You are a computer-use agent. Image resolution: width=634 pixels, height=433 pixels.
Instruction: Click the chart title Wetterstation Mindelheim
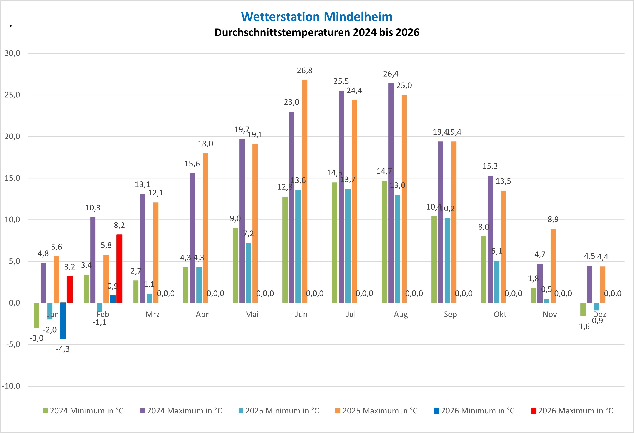pyautogui.click(x=317, y=17)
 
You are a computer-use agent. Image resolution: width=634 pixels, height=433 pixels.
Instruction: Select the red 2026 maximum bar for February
pyautogui.click(x=119, y=268)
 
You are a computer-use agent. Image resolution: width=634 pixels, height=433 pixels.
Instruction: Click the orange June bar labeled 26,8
pyautogui.click(x=305, y=191)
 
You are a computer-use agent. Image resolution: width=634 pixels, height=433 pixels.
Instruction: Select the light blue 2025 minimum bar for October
pyautogui.click(x=497, y=281)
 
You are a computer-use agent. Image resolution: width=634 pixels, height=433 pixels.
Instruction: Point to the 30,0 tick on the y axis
pyautogui.click(x=12, y=53)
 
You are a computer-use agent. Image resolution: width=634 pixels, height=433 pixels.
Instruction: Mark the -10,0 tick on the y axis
pyautogui.click(x=11, y=386)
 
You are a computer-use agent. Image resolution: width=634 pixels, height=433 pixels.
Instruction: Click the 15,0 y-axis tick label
pyautogui.click(x=12, y=178)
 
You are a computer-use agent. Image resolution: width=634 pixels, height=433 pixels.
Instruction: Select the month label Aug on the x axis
pyautogui.click(x=400, y=314)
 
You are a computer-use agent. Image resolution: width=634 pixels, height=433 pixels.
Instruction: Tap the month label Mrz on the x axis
pyautogui.click(x=152, y=314)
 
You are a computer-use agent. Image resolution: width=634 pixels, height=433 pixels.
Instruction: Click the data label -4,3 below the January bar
pyautogui.click(x=63, y=349)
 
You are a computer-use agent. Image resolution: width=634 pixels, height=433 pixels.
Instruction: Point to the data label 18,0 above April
pyautogui.click(x=205, y=144)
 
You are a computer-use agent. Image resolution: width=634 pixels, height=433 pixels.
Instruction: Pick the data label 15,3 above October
pyautogui.click(x=490, y=166)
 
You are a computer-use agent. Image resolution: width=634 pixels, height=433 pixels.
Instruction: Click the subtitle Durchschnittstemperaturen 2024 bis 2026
pyautogui.click(x=317, y=32)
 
